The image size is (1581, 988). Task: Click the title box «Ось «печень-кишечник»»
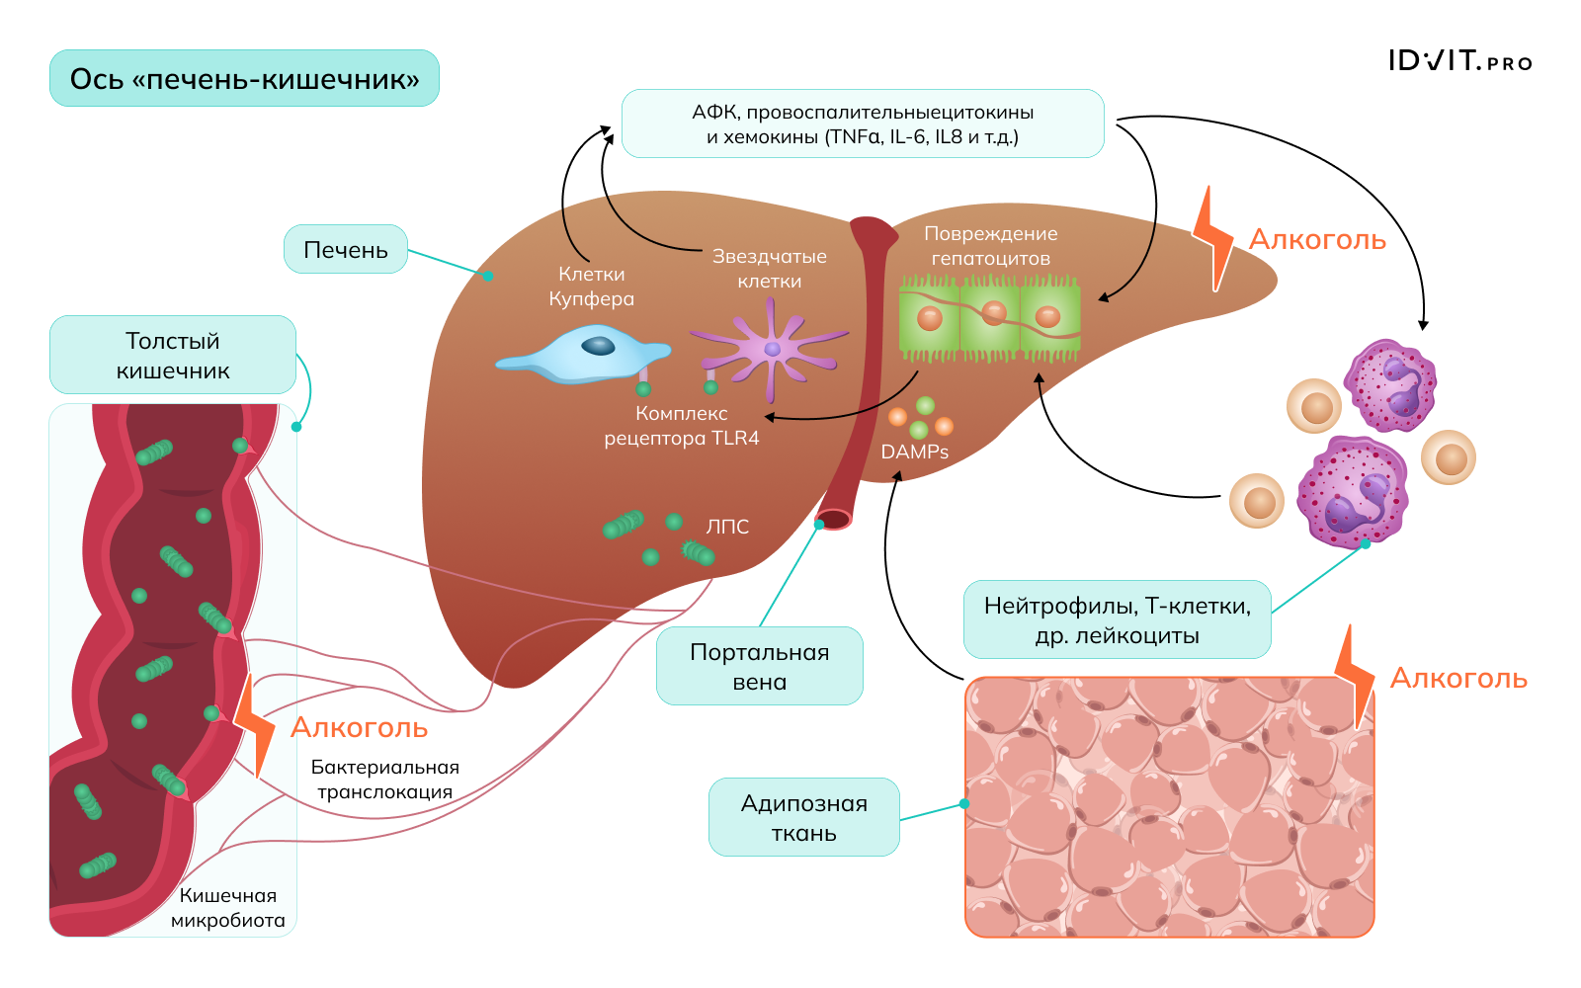click(244, 78)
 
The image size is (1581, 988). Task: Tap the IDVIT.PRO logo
click(1459, 61)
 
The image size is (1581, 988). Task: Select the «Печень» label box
click(346, 250)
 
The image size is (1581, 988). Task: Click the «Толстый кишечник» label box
click(173, 356)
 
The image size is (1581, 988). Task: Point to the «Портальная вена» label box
click(759, 666)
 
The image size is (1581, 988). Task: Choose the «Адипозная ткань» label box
click(803, 817)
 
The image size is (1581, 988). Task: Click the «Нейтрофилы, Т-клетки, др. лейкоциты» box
click(1117, 619)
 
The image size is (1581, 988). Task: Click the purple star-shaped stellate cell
click(772, 349)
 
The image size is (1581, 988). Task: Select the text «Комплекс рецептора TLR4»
click(682, 426)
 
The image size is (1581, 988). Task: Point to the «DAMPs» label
click(915, 453)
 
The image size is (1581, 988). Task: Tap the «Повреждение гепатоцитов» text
click(990, 246)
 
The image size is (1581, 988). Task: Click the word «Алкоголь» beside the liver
click(1317, 240)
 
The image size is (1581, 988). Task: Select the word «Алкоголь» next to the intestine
click(359, 728)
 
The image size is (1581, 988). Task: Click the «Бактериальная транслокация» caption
click(384, 780)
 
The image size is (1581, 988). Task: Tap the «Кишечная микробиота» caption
click(228, 908)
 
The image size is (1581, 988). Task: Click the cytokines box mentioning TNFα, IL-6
click(863, 123)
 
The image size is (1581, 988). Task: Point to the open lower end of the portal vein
click(833, 519)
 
